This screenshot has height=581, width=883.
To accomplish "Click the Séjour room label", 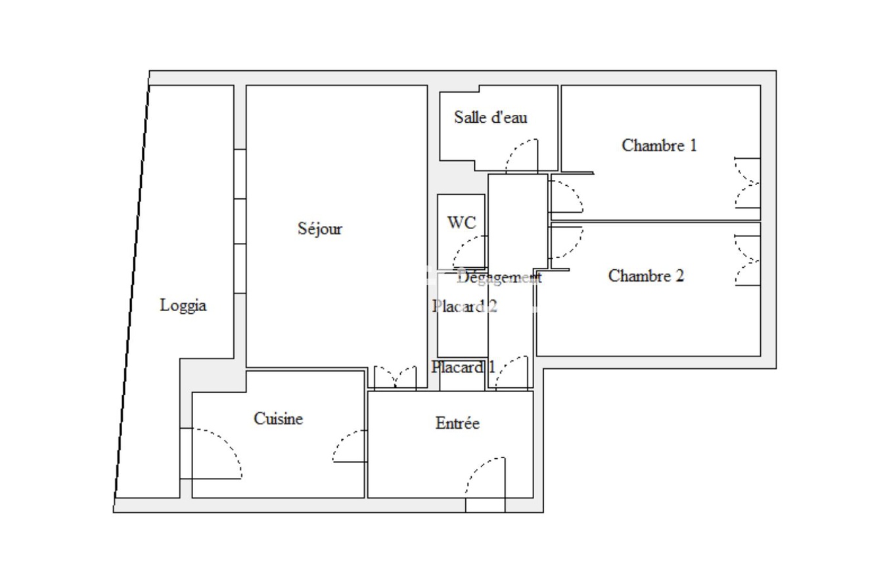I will click(320, 229).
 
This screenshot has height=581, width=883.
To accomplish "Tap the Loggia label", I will click(183, 305).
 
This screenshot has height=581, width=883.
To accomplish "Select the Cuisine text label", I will click(278, 418).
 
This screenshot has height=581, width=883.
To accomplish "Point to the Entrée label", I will click(457, 423).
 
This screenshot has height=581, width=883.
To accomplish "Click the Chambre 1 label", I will click(659, 145).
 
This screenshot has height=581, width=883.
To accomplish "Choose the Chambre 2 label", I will click(646, 276).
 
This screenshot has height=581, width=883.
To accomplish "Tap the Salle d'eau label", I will click(491, 118).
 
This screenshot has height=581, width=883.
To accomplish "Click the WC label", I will click(461, 223).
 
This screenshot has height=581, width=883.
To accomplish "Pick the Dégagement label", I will click(499, 277).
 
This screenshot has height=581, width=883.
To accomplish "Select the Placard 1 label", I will click(463, 367).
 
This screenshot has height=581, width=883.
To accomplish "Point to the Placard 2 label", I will click(464, 306).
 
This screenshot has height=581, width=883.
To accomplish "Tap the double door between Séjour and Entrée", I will click(395, 378).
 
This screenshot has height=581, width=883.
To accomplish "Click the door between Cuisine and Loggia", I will click(214, 453).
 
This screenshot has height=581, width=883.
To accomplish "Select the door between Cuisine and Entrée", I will click(350, 447).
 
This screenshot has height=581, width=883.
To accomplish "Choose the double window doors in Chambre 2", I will click(747, 260).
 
